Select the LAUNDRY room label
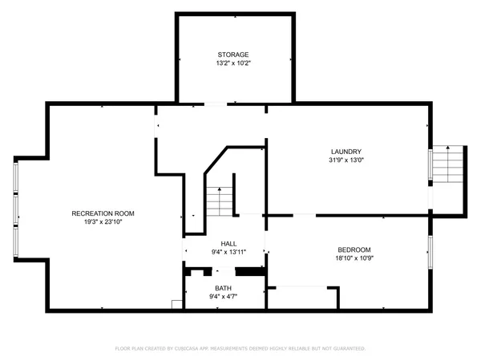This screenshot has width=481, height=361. pyautogui.click(x=347, y=152)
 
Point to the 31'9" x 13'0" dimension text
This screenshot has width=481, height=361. pyautogui.click(x=347, y=160)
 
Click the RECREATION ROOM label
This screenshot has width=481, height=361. pyautogui.click(x=103, y=213)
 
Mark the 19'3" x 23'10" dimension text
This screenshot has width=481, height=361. pyautogui.click(x=103, y=221)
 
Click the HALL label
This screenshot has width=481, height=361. pyautogui.click(x=228, y=244)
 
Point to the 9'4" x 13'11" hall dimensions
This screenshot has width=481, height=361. pyautogui.click(x=228, y=252)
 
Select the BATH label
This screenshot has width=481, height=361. pyautogui.click(x=223, y=289)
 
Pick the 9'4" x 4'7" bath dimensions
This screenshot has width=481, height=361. pyautogui.click(x=223, y=297)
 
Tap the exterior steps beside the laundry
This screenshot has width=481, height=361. pyautogui.click(x=449, y=164)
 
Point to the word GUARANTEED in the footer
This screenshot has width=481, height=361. pyautogui.click(x=347, y=349)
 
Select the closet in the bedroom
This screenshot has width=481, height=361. pyautogui.click(x=301, y=298)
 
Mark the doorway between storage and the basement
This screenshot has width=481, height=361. pyautogui.click(x=216, y=103)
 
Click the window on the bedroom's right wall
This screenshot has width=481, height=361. pyautogui.click(x=430, y=249)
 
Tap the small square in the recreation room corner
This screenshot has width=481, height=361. pyautogui.click(x=176, y=303)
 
